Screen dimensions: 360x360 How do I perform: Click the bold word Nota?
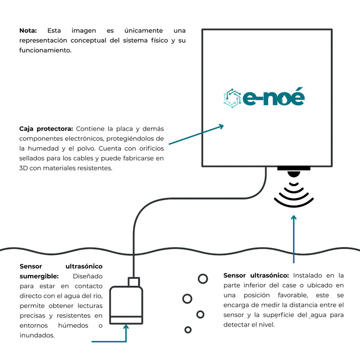coord(28,31)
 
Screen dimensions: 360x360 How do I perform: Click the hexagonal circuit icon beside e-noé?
coord(232,98)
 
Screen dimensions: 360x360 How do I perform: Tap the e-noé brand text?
coord(274,97)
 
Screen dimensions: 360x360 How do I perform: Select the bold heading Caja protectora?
coord(46,129)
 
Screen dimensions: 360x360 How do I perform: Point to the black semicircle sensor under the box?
coord(294,174)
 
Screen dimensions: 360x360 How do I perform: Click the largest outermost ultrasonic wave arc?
coord(294,203)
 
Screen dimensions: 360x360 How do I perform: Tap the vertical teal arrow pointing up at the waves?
coord(294,239)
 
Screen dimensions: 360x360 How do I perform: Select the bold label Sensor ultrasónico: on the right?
coord(256,275)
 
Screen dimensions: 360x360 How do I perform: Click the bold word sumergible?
coord(39,276)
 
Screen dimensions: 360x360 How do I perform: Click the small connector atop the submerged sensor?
coord(134,282)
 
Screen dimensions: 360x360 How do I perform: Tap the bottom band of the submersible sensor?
coord(126,320)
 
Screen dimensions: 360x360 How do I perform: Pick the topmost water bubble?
coord(203,279)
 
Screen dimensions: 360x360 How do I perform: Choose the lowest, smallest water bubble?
coord(188,330)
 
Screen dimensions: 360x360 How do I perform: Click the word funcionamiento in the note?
coord(45,50)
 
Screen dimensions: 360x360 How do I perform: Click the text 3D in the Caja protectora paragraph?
coord(23,168)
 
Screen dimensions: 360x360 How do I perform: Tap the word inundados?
coord(37,335)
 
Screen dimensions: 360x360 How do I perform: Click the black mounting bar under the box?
coord(294,168)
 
